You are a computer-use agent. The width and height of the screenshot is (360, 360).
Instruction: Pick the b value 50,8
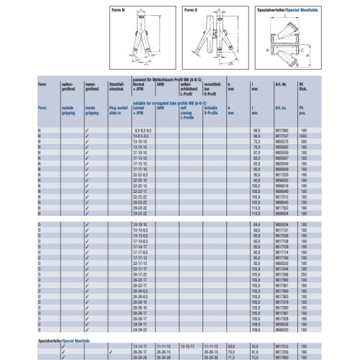pyautogui.click(x=230, y=345)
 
